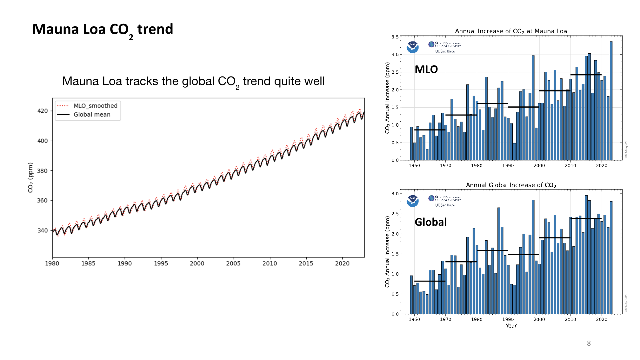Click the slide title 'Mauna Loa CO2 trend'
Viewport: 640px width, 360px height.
tap(103, 30)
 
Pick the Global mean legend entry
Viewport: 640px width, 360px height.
tap(92, 115)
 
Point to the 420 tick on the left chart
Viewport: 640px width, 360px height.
tap(43, 111)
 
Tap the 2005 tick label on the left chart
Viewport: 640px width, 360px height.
tap(233, 263)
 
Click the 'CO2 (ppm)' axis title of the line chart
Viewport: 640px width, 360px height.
tap(30, 177)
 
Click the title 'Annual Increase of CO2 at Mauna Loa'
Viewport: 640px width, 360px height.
tap(510, 31)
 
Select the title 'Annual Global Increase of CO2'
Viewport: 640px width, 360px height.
tap(510, 185)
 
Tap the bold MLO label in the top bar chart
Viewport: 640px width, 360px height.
tap(426, 70)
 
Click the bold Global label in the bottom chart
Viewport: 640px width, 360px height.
tap(430, 222)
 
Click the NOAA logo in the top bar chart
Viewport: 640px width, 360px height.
tap(412, 47)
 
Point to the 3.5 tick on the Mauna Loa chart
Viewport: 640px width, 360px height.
tap(395, 37)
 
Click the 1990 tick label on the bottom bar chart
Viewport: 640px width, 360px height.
tap(508, 319)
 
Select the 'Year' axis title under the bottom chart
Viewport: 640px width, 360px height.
tap(511, 326)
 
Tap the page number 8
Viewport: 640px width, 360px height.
tap(589, 343)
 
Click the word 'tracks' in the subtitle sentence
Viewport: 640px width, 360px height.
tap(142, 81)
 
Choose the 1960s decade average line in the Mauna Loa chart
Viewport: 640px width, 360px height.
tap(430, 130)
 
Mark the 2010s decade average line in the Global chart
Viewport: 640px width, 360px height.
tap(586, 218)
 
